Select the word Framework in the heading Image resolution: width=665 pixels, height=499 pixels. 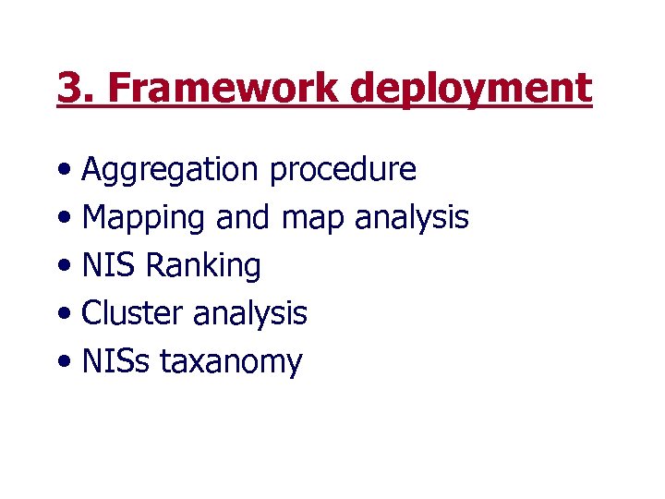click(222, 89)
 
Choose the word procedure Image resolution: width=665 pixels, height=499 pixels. click(343, 171)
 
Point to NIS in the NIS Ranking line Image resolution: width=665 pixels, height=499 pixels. click(109, 266)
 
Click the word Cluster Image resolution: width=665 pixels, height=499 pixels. click(133, 314)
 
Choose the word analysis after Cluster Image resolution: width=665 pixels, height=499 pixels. click(249, 315)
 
